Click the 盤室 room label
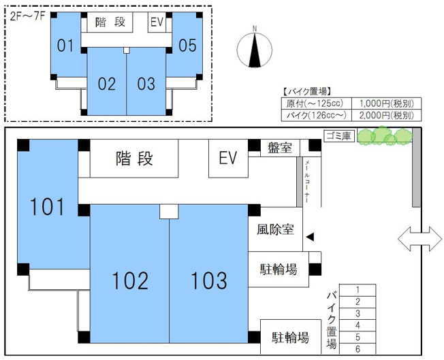pos(280,148)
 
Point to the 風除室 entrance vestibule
pos(276,229)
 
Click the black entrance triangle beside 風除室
pos(310,237)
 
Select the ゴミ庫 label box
pos(339,136)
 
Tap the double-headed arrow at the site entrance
pos(419,239)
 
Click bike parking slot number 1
pos(358,290)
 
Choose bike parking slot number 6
pos(358,348)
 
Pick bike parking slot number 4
pos(358,325)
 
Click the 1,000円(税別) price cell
pos(387,103)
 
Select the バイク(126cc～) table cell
pos(316,116)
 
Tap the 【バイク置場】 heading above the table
pos(306,92)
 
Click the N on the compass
pos(255,29)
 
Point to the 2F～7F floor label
pos(27,16)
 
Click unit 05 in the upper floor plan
pos(187,46)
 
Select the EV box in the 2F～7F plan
pos(157,22)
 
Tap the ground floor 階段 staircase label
pos(134,158)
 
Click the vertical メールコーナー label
pos(306,182)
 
